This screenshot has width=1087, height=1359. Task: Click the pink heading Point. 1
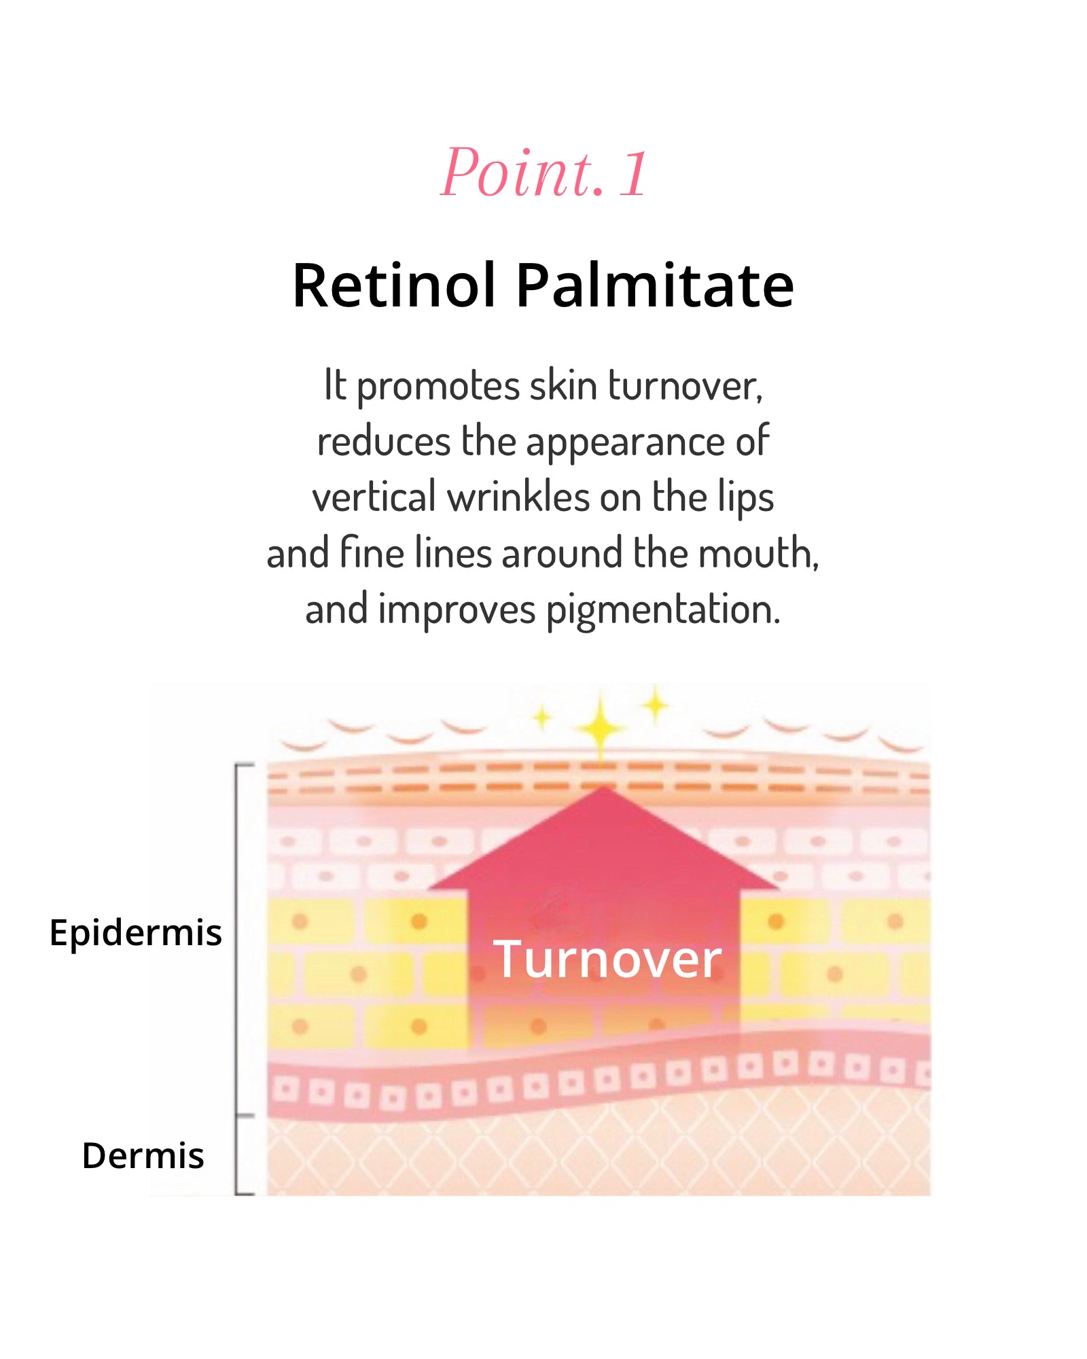point(543,173)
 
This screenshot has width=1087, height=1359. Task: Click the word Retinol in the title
point(393,285)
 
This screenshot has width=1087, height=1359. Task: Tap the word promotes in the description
point(438,387)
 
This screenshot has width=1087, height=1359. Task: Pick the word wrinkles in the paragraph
point(518,497)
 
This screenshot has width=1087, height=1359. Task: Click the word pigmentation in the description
point(662,610)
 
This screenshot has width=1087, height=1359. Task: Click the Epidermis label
point(135,932)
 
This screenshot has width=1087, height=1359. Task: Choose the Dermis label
point(143,1155)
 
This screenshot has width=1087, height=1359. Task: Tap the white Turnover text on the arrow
point(607,959)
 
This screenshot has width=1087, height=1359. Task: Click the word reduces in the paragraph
point(384,442)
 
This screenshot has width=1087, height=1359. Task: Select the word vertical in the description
point(374,497)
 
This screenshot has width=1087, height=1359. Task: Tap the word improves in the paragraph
point(457,610)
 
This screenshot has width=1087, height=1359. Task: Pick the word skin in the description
point(563,386)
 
